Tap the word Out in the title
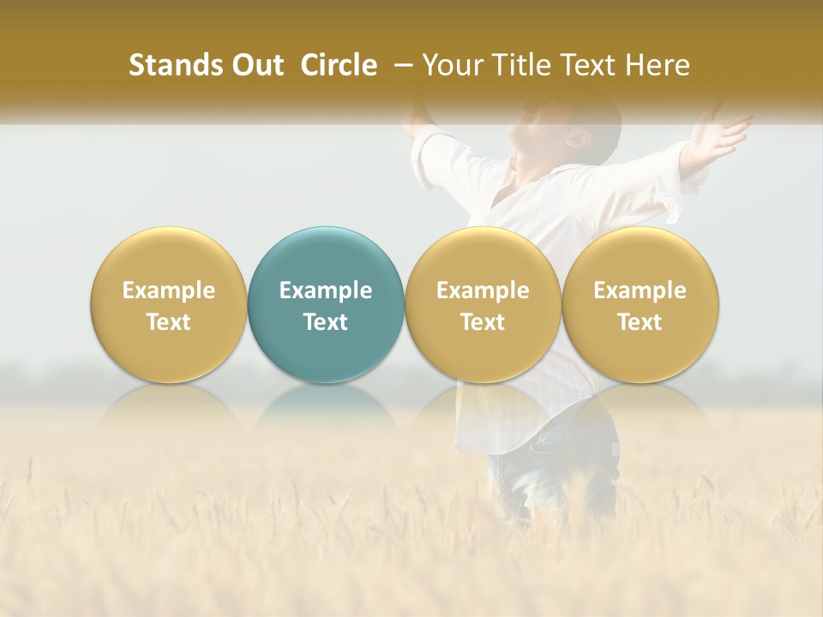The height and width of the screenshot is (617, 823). click(258, 65)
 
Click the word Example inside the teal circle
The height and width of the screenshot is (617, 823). click(326, 291)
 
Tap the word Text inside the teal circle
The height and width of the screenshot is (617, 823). click(326, 322)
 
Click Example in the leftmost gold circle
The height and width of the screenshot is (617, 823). click(169, 291)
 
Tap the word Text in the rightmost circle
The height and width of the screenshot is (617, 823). click(640, 322)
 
